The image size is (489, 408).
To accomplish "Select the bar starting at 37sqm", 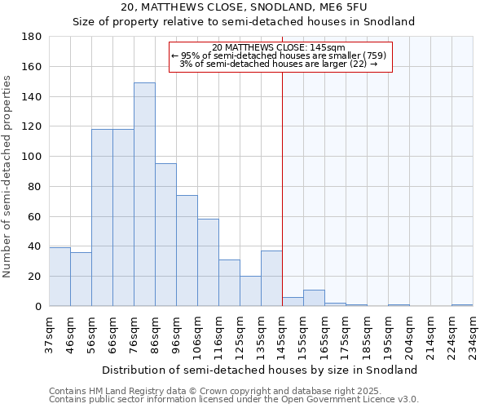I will click(59, 277).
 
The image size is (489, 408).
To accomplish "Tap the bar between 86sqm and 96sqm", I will click(165, 235).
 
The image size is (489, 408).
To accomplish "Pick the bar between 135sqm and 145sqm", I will click(271, 278).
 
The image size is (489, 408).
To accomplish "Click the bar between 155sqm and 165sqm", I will click(314, 298).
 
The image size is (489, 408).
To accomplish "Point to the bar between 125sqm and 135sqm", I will click(250, 291).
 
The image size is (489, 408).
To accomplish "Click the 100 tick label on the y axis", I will click(32, 157).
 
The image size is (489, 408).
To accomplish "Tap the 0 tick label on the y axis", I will click(37, 306).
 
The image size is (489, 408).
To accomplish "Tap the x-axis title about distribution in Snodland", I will click(261, 370).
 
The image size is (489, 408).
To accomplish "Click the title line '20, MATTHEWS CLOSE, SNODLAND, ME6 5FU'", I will click(244, 7).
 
